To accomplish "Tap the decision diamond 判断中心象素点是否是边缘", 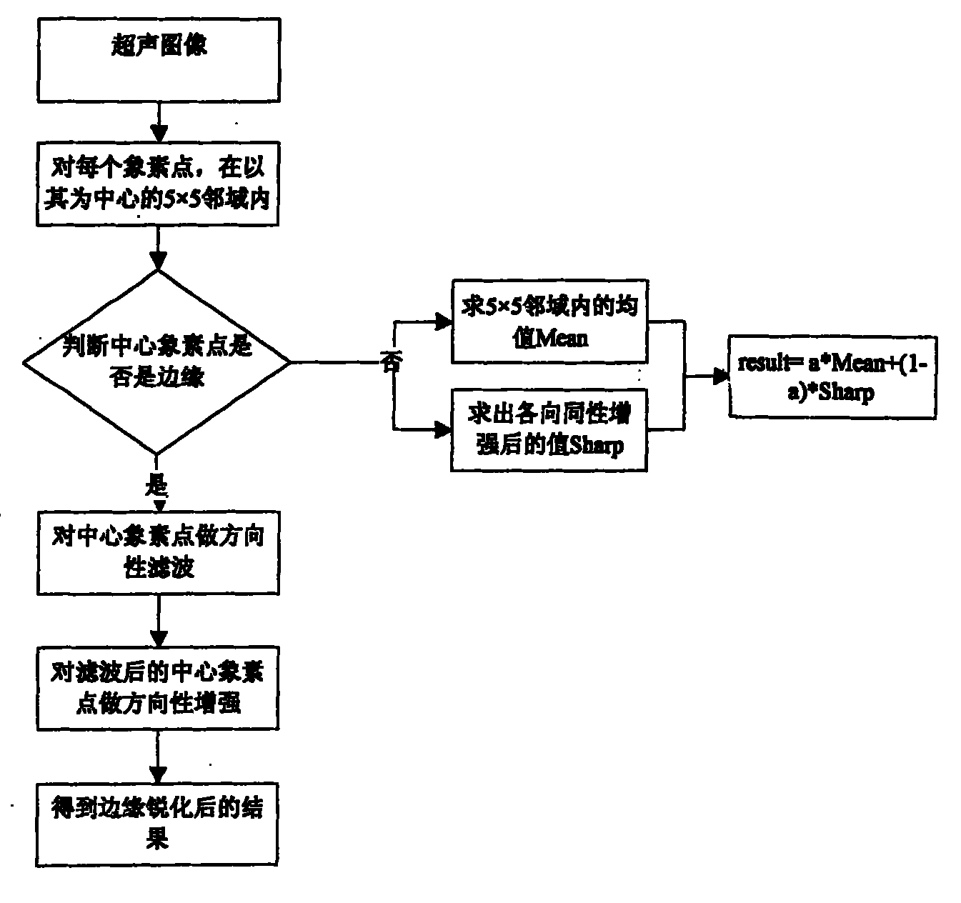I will pyautogui.click(x=157, y=362).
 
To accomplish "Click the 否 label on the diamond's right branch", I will pyautogui.click(x=391, y=363).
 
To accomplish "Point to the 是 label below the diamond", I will pyautogui.click(x=156, y=487).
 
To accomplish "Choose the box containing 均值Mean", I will pyautogui.click(x=548, y=321).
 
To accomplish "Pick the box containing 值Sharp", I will pyautogui.click(x=548, y=430).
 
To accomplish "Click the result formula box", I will pyautogui.click(x=832, y=376).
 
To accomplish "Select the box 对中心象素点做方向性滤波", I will pyautogui.click(x=158, y=552).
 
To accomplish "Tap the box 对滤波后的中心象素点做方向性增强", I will pyautogui.click(x=158, y=688).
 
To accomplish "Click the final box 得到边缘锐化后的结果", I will pyautogui.click(x=157, y=824).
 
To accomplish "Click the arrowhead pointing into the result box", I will pyautogui.click(x=720, y=376).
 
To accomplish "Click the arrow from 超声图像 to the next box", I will pyautogui.click(x=159, y=121).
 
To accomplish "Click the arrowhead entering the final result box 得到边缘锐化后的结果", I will pyautogui.click(x=158, y=774).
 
